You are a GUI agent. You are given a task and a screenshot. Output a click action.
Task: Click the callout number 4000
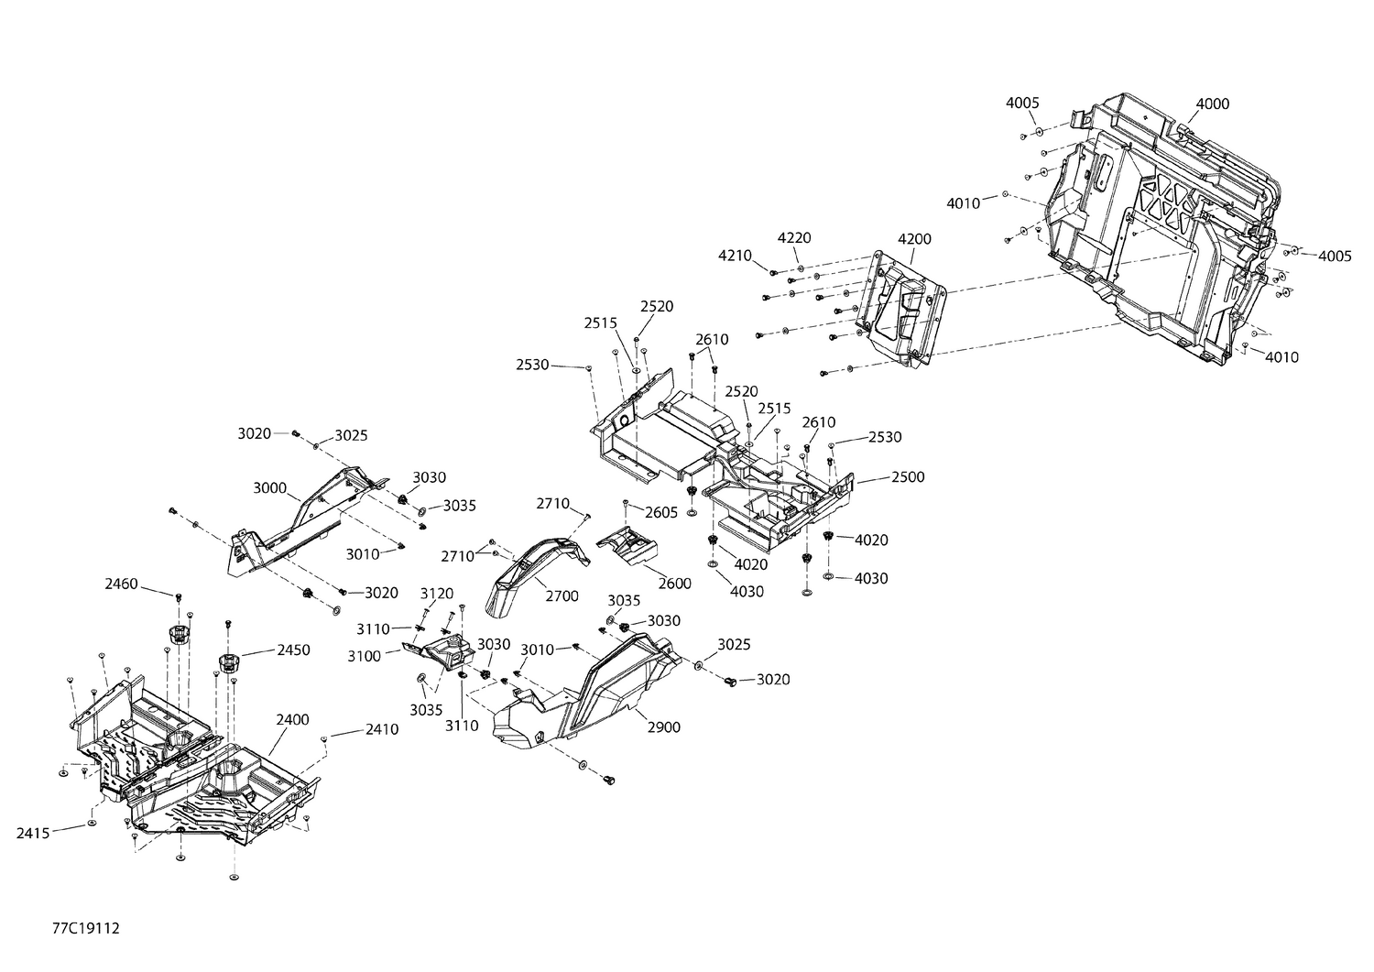point(1212,104)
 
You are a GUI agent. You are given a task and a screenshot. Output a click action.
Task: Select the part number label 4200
point(914,239)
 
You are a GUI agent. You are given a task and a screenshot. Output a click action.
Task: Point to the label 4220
point(794,237)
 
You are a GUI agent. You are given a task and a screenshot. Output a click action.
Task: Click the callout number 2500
point(907,477)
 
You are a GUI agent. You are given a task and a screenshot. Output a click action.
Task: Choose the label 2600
point(674,584)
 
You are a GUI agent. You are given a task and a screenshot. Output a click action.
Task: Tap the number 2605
point(660,512)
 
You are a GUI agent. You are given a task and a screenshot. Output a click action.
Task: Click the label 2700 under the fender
point(562,596)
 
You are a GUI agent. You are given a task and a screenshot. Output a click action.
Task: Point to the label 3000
point(270,488)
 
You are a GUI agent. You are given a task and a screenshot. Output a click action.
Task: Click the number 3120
point(437,594)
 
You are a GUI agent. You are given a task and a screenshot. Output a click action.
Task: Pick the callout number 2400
point(292,720)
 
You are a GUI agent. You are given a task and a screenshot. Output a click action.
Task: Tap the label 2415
point(34,833)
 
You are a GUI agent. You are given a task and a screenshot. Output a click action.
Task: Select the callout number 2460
point(122,584)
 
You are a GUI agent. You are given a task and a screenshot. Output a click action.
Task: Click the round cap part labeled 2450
point(228,661)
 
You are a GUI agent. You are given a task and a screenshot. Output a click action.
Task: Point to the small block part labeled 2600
point(629,548)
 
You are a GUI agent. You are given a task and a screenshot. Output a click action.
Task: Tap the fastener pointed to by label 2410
point(324,737)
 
